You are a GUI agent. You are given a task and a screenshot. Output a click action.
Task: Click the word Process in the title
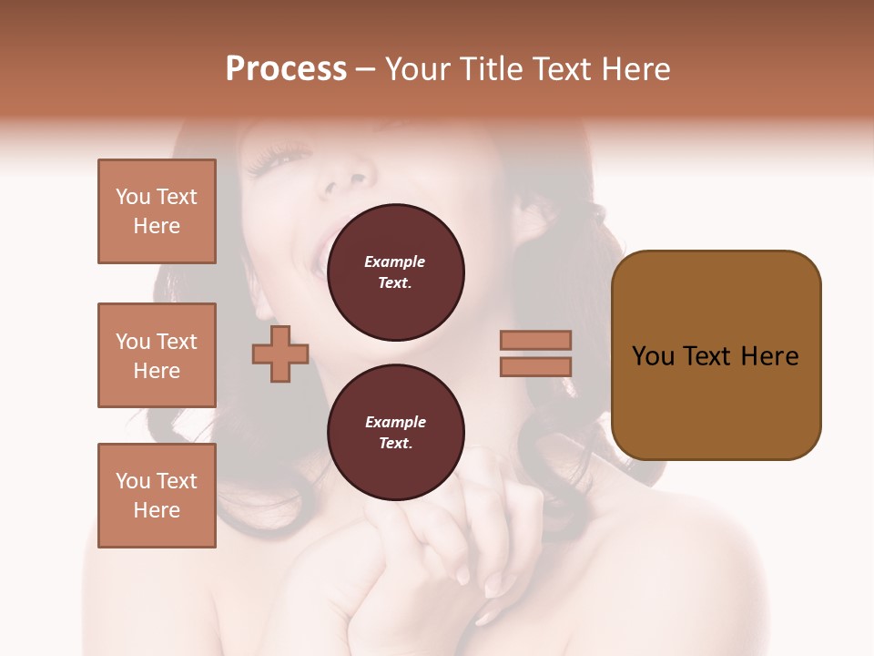tap(286, 69)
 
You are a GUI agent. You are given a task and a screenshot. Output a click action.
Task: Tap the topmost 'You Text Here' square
tap(157, 211)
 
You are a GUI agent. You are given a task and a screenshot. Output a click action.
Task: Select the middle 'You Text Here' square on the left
tap(157, 355)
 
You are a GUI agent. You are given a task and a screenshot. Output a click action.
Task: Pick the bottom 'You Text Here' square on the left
tap(157, 496)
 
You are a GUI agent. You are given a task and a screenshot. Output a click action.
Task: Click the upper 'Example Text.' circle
tap(395, 272)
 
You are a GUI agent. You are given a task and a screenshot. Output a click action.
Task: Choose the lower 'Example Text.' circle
tap(395, 433)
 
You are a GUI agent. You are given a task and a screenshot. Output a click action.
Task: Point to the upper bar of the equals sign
tap(535, 340)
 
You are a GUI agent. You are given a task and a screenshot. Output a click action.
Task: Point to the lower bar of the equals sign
tap(535, 367)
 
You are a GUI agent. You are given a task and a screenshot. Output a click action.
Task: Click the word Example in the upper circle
tap(395, 261)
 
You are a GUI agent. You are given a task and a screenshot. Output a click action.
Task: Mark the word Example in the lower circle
tap(395, 422)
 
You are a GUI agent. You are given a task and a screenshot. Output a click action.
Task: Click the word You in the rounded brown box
tap(653, 356)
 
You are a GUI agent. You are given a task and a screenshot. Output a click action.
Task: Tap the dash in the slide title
tap(365, 69)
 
